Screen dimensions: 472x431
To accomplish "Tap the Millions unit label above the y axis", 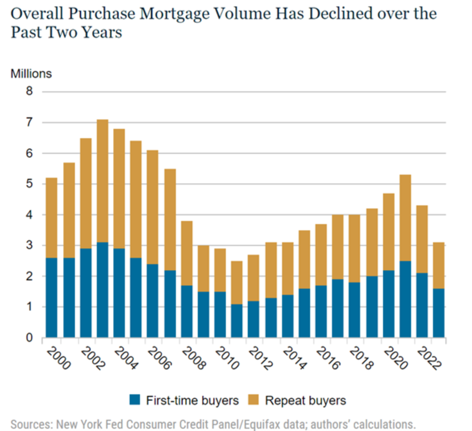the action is point(31,74).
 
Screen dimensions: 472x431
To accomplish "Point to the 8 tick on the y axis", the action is point(29,91).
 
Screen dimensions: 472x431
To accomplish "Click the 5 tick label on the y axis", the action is point(29,183).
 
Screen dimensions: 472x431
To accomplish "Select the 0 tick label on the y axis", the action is point(29,338).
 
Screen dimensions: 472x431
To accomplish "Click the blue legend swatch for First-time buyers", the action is point(134,400).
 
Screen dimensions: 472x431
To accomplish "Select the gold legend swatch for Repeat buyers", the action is point(253,400).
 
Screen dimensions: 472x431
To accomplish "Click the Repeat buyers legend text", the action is point(306,400).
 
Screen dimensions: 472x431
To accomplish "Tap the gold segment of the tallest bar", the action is point(103,181).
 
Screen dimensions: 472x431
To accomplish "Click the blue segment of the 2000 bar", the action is point(52,298).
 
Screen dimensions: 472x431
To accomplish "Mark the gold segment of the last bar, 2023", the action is point(438,265).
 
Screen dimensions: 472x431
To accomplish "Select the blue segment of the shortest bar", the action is point(237,321).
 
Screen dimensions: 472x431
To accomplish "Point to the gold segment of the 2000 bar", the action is point(52,218).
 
